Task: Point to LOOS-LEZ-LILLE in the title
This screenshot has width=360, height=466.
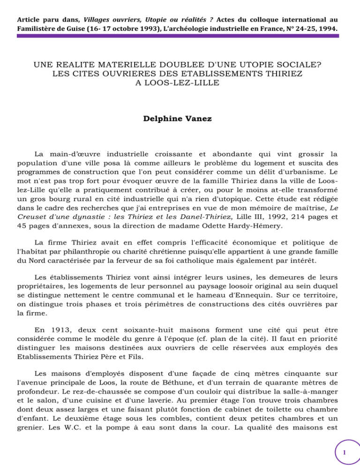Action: point(180,83)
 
